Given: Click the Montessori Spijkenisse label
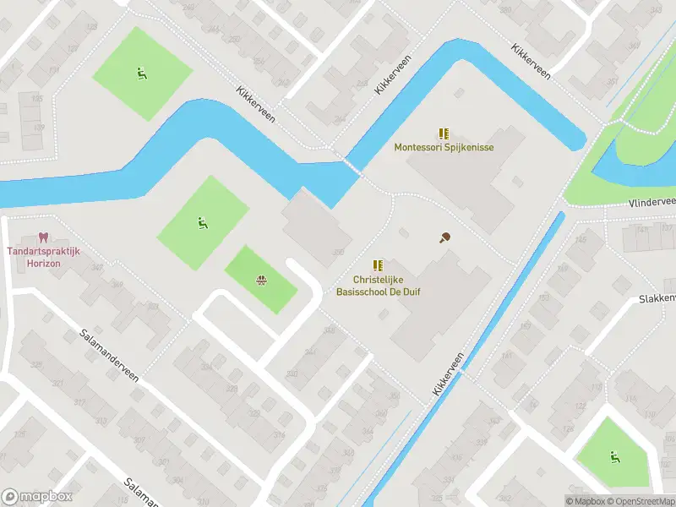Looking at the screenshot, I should (x=444, y=147).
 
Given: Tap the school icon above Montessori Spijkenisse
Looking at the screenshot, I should (x=444, y=134).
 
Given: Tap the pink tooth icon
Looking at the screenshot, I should (x=44, y=239).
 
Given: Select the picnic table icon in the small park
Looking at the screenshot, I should (x=261, y=280).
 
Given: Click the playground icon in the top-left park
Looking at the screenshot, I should (x=141, y=74).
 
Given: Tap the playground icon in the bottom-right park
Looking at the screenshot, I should (x=614, y=457).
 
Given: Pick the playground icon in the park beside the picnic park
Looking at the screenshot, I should (x=202, y=223).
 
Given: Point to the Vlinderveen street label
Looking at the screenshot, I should (x=652, y=203).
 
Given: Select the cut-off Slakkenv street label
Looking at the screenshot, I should (x=657, y=298).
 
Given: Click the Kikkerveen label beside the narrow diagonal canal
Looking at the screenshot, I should (x=450, y=374).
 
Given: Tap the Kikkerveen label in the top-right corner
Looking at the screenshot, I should (x=531, y=62).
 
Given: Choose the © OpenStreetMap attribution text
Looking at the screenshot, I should (x=640, y=501).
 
